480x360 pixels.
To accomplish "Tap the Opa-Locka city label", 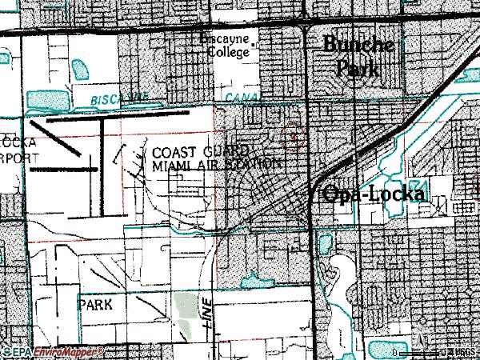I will point(374,194).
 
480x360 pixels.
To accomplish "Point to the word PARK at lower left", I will point(94,305).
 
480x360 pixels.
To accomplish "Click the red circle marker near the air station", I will point(294,138).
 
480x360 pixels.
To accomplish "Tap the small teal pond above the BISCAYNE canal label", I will point(81,70).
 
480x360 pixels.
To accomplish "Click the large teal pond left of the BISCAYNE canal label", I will point(48,99).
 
